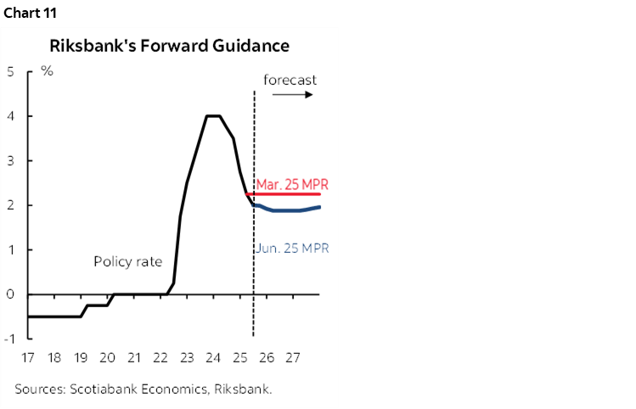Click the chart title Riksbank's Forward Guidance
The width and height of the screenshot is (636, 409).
[x=169, y=46]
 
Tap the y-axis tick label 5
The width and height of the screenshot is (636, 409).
[x=9, y=72]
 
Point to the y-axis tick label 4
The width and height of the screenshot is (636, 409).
[x=9, y=116]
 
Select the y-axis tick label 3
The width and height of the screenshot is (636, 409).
[x=9, y=161]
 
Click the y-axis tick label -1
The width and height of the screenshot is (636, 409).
[x=8, y=339]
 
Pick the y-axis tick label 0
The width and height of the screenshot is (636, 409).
[x=9, y=294]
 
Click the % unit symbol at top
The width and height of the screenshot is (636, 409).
[x=48, y=71]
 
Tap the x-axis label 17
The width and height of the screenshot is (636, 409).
[x=29, y=357]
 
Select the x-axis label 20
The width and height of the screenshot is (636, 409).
[x=108, y=357]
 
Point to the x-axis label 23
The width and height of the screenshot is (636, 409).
[x=187, y=357]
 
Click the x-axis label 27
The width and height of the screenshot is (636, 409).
[x=293, y=357]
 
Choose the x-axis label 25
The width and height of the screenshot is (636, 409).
[x=240, y=357]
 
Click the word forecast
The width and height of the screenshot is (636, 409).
[x=290, y=80]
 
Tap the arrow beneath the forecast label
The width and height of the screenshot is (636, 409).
[x=293, y=94]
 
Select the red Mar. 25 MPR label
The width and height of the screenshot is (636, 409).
[x=291, y=184]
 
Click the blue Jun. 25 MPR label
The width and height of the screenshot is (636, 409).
[x=291, y=249]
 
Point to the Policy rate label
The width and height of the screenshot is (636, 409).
[x=127, y=261]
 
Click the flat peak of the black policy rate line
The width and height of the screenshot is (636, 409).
[x=213, y=116]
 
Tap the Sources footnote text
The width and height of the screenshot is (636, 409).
[x=148, y=389]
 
